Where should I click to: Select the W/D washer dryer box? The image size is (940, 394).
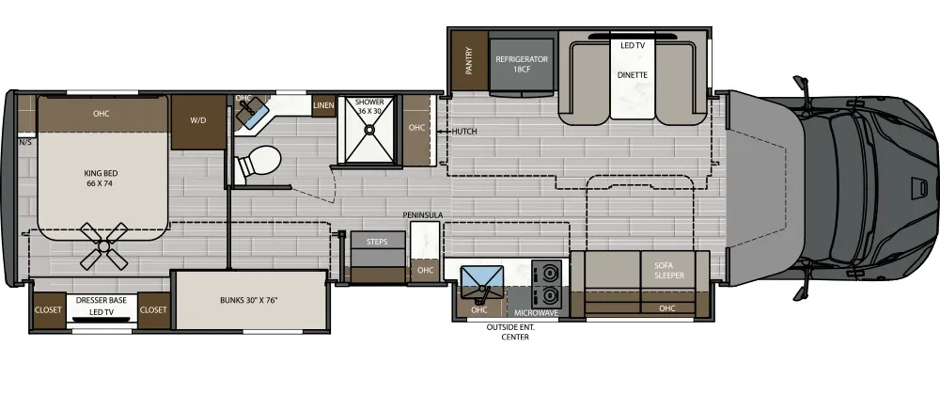[198, 120]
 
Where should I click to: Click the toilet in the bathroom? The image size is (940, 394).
[257, 165]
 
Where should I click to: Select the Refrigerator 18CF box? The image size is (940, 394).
[522, 64]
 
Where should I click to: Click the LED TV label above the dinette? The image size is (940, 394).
[633, 44]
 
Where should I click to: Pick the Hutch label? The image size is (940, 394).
[464, 132]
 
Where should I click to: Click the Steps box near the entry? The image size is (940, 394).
[378, 242]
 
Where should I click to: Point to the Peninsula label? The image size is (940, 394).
[423, 215]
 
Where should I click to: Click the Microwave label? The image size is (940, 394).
[537, 312]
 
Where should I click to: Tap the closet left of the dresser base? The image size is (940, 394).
[48, 309]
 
